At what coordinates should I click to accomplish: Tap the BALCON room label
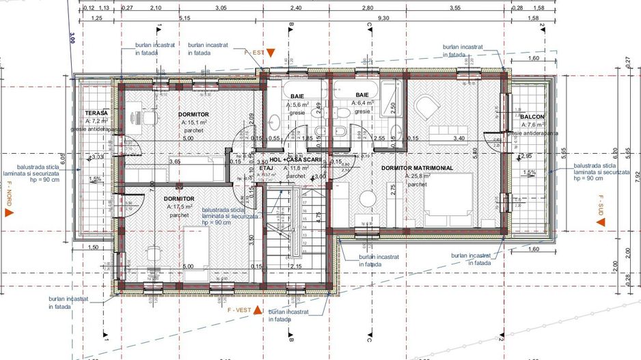pos(532,117)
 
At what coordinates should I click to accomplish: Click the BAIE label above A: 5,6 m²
pos(297,96)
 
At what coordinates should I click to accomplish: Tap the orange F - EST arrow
pos(271,52)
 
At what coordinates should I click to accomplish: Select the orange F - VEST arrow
pos(258,311)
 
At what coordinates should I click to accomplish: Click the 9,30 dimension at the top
pos(382,18)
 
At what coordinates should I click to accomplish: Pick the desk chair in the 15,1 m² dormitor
pos(147,117)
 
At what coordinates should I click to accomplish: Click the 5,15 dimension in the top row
pos(184,18)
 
